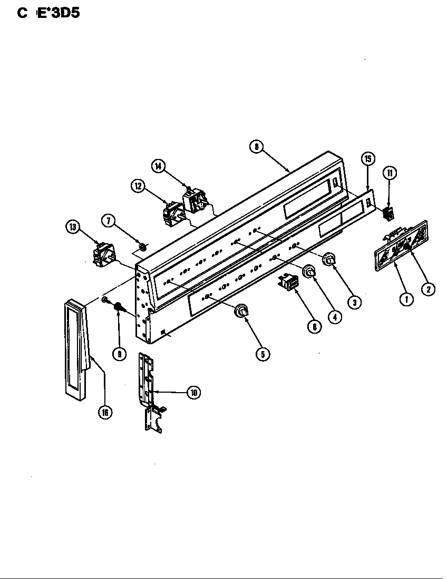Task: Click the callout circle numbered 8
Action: click(256, 147)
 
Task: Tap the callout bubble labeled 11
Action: click(390, 173)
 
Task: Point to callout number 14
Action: click(158, 166)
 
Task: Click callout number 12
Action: click(138, 185)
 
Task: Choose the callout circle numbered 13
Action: click(72, 227)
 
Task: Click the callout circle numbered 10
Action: click(194, 392)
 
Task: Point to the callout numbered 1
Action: click(406, 300)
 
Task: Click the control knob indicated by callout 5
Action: click(241, 312)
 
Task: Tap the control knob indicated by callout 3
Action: click(329, 259)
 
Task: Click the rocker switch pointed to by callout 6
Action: click(288, 283)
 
